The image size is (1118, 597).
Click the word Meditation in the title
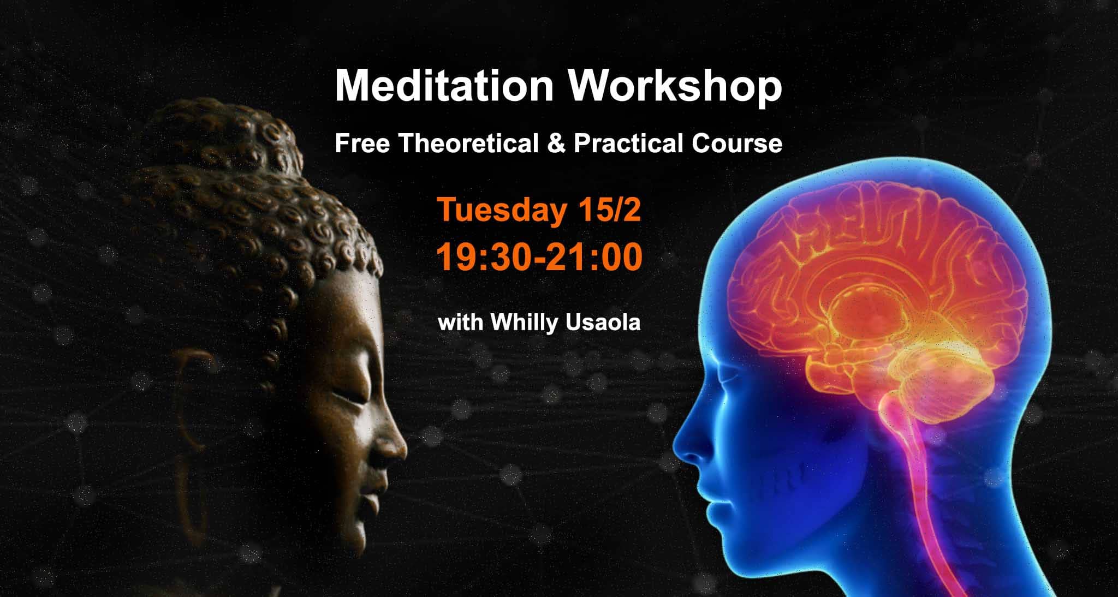point(444,86)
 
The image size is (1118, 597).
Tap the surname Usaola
point(603,323)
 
